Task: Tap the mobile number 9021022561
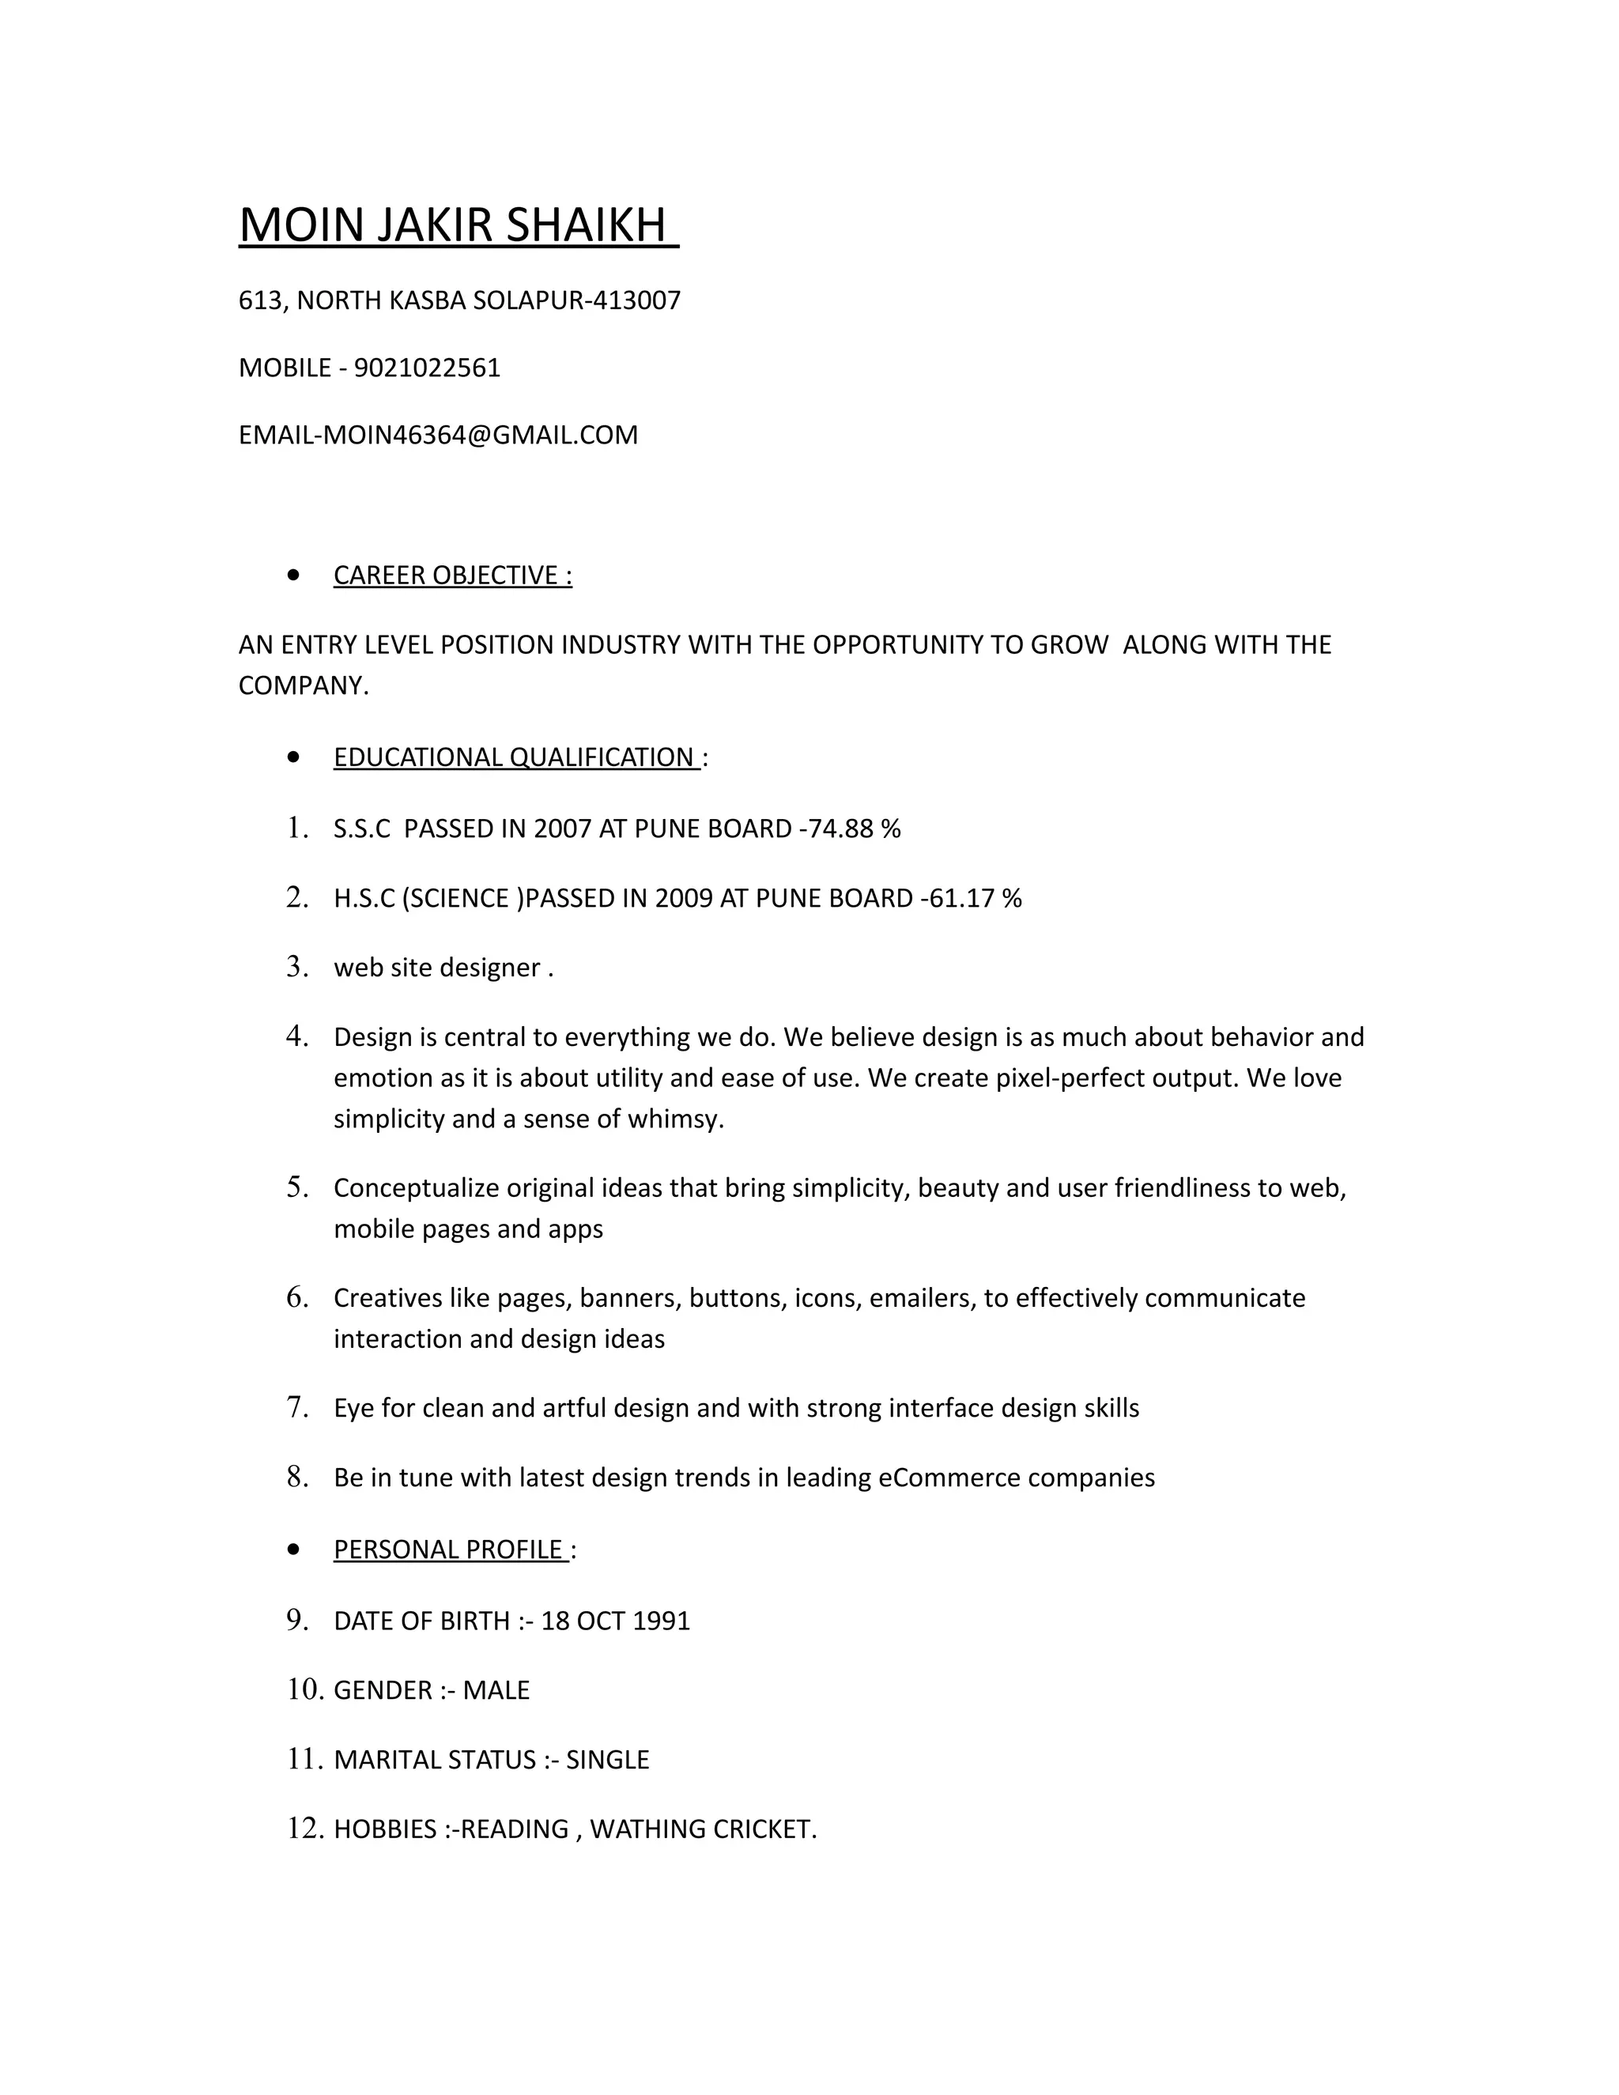click(x=427, y=368)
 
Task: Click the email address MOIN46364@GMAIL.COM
click(x=480, y=436)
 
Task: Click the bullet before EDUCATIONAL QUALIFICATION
click(x=293, y=758)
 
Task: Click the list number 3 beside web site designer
click(x=296, y=967)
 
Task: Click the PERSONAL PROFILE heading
click(x=449, y=1550)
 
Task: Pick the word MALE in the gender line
click(x=496, y=1690)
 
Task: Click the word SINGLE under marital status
click(x=607, y=1761)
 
